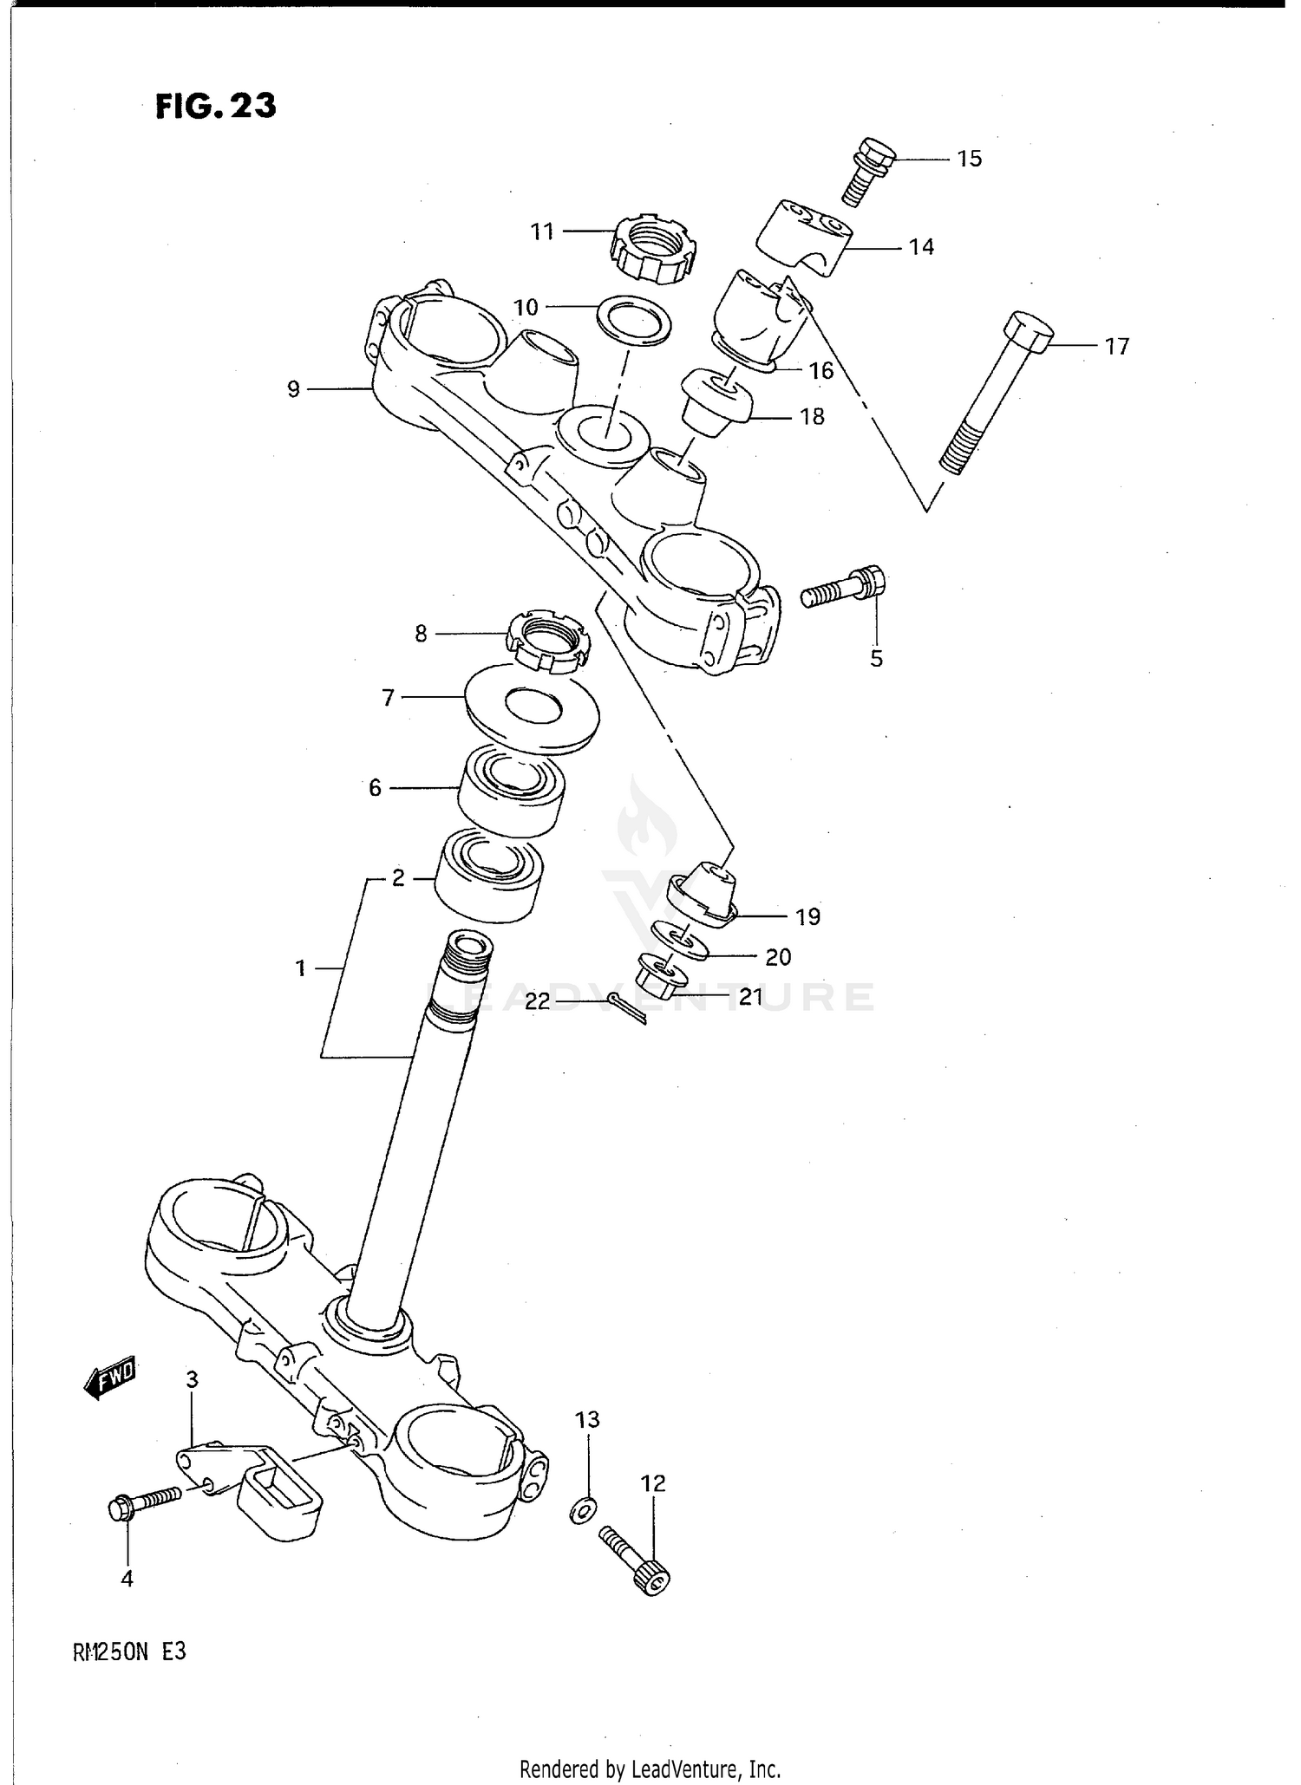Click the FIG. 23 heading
(x=216, y=107)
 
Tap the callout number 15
(x=969, y=159)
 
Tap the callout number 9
(x=293, y=390)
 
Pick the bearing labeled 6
(x=511, y=790)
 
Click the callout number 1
(x=300, y=967)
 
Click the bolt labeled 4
(x=143, y=1505)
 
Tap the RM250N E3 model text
(x=131, y=1651)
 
